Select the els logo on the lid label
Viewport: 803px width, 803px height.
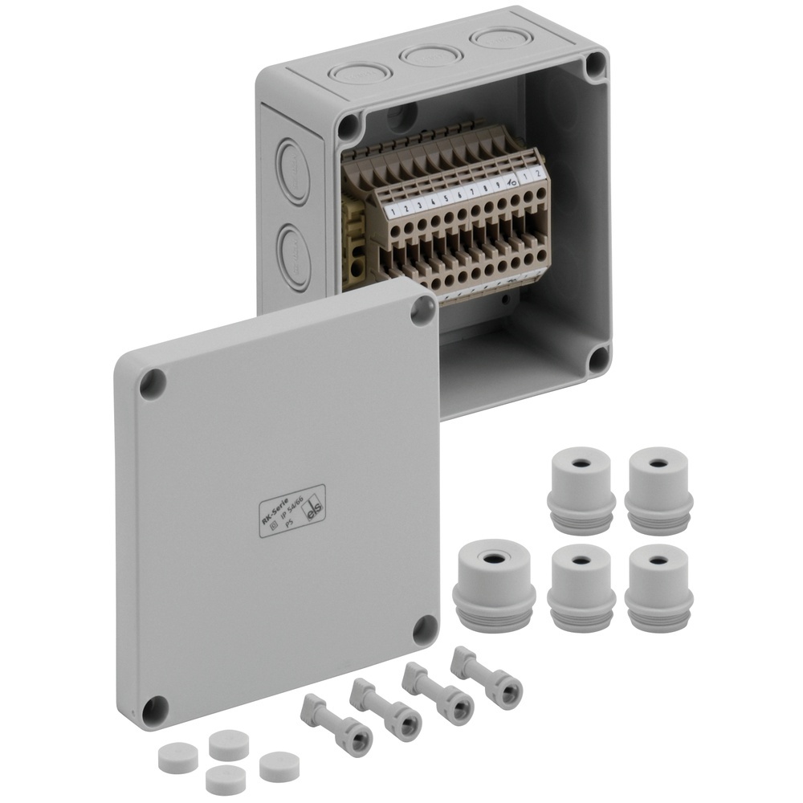[316, 508]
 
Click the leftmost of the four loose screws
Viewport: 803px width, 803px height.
[336, 724]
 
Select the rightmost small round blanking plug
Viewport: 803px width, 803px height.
[279, 765]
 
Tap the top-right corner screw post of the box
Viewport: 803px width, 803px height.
[595, 65]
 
